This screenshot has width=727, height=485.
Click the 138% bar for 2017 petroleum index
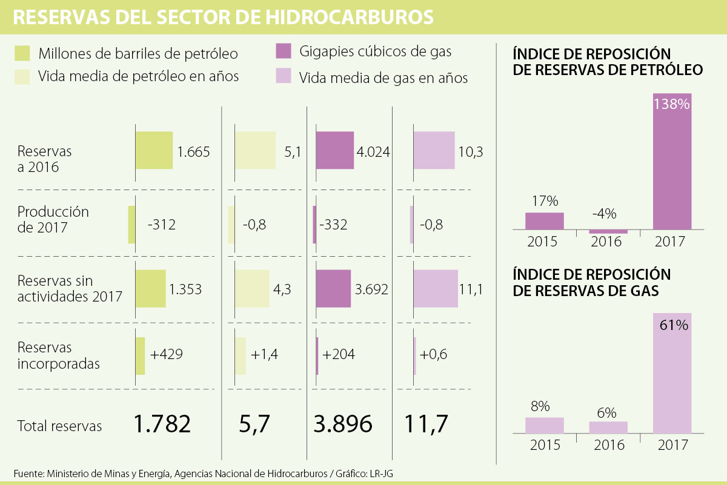(x=672, y=162)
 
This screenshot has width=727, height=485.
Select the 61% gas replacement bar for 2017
(x=672, y=374)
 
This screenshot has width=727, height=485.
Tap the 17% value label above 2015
(x=545, y=201)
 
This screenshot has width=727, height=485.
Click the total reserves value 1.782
(x=163, y=424)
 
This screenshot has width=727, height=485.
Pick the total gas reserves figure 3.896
(x=343, y=424)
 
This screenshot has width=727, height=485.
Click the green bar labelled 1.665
(x=154, y=150)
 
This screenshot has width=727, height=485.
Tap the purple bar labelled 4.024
(x=334, y=150)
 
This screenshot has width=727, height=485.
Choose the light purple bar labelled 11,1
(x=436, y=288)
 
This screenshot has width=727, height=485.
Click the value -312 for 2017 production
(x=161, y=225)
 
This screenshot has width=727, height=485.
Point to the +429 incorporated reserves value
(x=167, y=354)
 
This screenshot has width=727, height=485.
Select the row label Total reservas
(x=60, y=426)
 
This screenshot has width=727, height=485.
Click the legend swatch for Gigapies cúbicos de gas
(x=284, y=51)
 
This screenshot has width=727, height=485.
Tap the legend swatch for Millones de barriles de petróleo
(x=22, y=53)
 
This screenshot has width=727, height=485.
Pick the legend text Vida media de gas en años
(x=383, y=78)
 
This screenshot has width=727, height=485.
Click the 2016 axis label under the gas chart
(x=608, y=445)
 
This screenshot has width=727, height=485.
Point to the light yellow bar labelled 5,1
(x=255, y=150)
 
